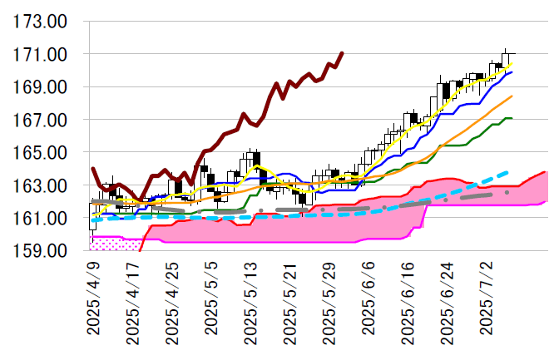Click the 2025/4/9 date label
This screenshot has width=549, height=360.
click(94, 296)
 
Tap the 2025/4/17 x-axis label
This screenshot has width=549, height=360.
click(133, 301)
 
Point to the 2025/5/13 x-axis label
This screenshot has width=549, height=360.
click(250, 301)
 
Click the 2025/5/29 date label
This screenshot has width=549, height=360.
click(329, 301)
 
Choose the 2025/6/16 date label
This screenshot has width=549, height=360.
click(407, 301)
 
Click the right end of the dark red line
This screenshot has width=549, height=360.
click(342, 53)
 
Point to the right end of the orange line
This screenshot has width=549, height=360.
click(512, 96)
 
